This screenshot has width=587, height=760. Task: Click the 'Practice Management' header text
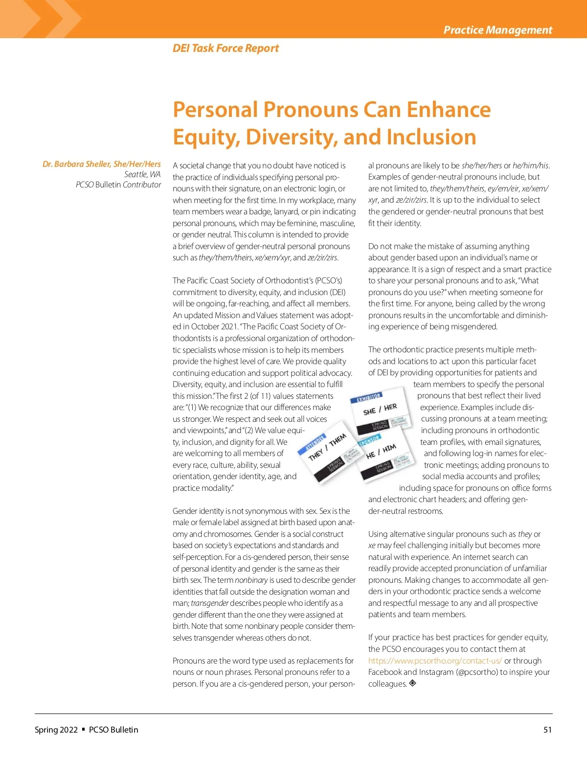pos(497,30)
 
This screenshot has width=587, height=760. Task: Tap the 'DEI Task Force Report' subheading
pos(226,48)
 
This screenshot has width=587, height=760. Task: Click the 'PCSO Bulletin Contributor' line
pos(118,184)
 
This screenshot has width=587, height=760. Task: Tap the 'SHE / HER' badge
pos(380,409)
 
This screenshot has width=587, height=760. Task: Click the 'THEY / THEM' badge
pos(327,447)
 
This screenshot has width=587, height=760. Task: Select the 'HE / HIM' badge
pos(381,451)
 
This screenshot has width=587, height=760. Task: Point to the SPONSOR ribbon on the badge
pos(369,440)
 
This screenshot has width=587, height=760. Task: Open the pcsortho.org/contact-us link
pos(435,661)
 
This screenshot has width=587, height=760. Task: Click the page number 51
pos(547,730)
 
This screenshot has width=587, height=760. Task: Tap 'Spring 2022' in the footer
pos(56,730)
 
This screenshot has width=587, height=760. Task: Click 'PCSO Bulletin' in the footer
pos(113,730)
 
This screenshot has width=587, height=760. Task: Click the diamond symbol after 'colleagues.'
pos(413,683)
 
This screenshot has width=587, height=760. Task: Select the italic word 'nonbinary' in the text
pos(251,580)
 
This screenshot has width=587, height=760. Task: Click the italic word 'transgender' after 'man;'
pos(209,603)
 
